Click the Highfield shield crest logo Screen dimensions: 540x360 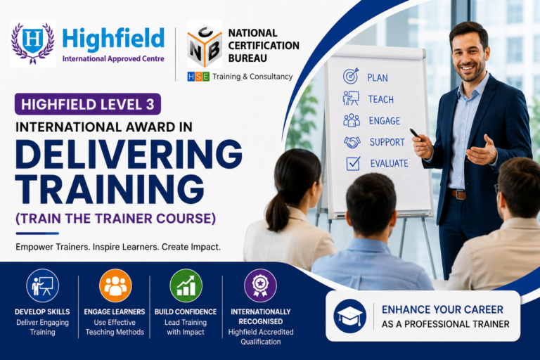coord(33,44)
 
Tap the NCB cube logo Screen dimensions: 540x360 coord(205,44)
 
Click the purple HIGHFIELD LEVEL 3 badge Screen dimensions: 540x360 coord(87,104)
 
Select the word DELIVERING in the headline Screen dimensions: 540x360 coord(129,155)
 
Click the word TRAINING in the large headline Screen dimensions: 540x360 coord(110,189)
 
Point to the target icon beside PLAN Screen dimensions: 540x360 coord(351,76)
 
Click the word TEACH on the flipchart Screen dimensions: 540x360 coord(380,100)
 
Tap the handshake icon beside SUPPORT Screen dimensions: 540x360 coord(352,142)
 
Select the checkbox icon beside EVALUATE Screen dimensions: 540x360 coord(353,163)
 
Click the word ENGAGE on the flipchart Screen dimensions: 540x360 coord(385,121)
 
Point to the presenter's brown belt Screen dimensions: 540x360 coord(458,194)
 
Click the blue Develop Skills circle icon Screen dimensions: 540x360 coord(43,285)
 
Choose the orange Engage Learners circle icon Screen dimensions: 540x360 coord(115,285)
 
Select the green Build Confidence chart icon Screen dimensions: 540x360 coord(186,285)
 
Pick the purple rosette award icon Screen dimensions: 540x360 coord(260,285)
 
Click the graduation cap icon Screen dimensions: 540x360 coord(350,316)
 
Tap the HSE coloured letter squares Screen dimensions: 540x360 coord(198,77)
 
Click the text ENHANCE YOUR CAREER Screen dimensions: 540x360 coord(442,309)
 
